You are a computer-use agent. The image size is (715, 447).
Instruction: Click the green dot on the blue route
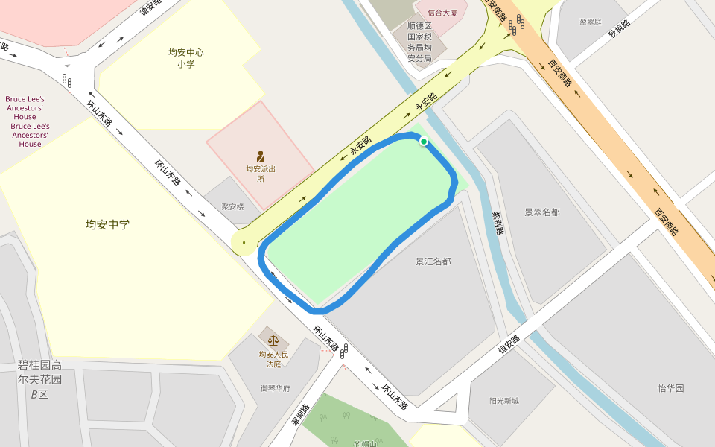pos(424,141)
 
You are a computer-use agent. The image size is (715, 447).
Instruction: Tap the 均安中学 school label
pos(107,223)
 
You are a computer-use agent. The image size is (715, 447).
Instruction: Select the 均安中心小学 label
pos(185,58)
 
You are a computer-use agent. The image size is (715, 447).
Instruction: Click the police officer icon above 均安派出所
pos(261,156)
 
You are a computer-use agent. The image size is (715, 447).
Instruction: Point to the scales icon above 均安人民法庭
pos(273,340)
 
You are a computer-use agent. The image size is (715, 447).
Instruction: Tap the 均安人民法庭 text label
pos(273,359)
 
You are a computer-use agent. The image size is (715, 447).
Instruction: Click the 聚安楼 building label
pos(232,206)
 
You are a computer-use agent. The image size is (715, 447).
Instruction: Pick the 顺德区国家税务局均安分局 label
pos(424,42)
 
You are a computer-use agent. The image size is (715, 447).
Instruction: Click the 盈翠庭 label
pos(590,22)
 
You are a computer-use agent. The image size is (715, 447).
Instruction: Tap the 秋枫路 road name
pos(619,28)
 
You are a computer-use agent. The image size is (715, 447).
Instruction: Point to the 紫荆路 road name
pos(498,222)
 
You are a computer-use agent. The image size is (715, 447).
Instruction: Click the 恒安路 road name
pos(509,343)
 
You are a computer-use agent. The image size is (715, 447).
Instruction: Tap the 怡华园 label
pos(670,388)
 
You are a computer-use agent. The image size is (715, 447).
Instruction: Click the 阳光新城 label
pos(504,401)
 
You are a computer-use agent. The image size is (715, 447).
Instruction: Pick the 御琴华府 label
pos(275,388)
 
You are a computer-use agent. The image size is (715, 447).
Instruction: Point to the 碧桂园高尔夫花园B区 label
pos(39,379)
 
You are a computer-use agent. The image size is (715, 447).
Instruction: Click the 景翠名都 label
pos(541,212)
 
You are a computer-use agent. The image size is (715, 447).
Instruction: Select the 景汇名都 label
pos(433,261)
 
